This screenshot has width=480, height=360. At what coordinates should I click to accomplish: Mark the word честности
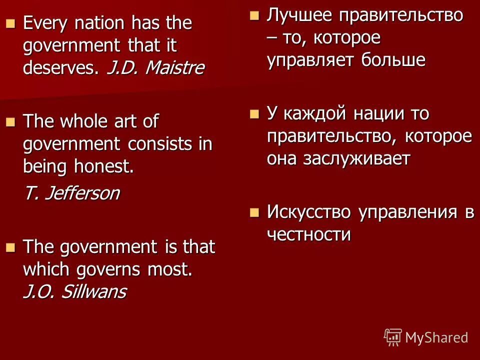click(308, 234)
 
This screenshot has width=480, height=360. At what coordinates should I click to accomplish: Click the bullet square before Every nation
click(10, 23)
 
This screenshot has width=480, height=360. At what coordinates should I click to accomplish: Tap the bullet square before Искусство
click(254, 212)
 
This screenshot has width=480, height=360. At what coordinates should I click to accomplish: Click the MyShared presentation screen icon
click(393, 337)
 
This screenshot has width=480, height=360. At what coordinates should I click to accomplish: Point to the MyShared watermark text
click(436, 337)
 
